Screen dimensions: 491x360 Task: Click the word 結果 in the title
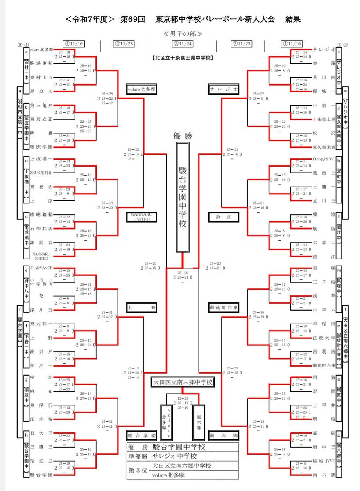point(293,20)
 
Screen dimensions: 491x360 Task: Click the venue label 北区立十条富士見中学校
point(181,58)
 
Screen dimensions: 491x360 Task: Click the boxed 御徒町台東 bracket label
point(224,306)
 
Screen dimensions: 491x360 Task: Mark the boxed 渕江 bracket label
point(224,217)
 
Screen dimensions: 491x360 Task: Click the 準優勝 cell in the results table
point(138,456)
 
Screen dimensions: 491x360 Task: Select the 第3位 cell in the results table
point(138,470)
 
